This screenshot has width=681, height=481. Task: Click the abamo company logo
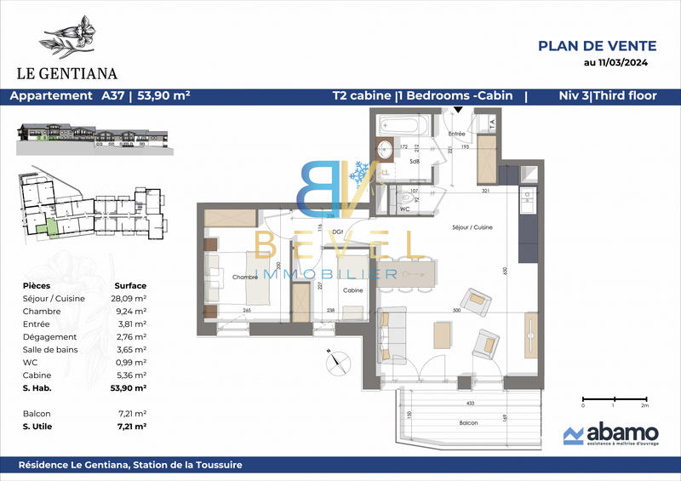coord(607,436)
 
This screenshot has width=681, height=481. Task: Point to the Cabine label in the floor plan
coord(353,290)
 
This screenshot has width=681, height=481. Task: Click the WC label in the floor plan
coord(405,207)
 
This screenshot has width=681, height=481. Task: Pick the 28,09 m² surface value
coord(130,299)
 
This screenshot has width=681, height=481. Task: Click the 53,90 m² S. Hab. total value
coord(130,387)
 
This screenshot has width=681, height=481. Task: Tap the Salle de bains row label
coord(45,349)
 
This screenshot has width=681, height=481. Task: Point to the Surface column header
coord(130,285)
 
